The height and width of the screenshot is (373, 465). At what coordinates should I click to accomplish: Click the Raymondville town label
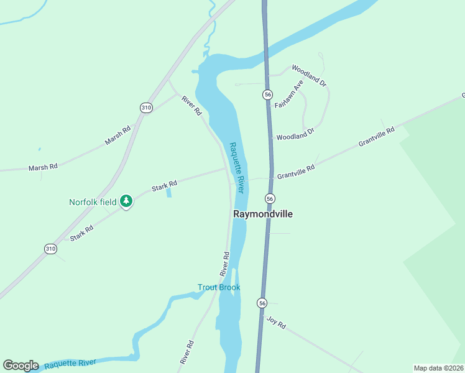[x=262, y=213]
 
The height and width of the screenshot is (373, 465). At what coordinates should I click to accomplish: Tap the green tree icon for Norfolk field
[x=126, y=201]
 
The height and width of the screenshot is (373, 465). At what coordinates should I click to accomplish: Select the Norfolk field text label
[x=93, y=202]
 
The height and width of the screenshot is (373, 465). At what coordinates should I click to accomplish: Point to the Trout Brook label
[x=219, y=287]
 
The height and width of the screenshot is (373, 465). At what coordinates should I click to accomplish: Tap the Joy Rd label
[x=275, y=323]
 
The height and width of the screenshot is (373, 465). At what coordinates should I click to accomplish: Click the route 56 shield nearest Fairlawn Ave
[x=267, y=94]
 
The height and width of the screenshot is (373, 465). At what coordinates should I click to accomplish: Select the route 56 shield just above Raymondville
[x=269, y=198]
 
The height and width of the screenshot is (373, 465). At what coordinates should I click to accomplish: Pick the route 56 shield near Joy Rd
[x=262, y=303]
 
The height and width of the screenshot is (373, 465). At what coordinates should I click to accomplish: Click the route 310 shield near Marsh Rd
[x=146, y=108]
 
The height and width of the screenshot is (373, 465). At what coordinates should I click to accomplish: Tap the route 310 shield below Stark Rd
[x=50, y=249]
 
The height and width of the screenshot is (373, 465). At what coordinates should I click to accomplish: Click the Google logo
[x=21, y=366]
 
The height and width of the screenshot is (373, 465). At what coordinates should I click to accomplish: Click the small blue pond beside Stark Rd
[x=169, y=192]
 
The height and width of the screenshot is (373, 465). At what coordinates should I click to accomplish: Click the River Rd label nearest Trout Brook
[x=224, y=264]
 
